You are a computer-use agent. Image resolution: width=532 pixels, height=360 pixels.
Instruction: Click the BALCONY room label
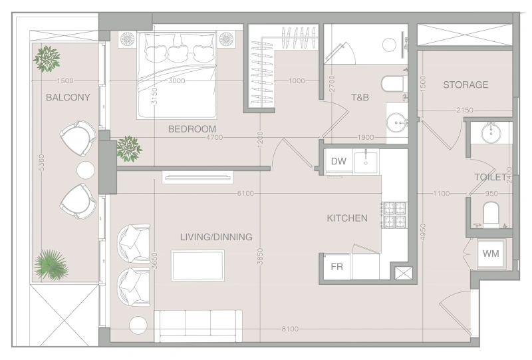[68, 97]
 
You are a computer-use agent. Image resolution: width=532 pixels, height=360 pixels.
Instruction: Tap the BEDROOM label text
[192, 128]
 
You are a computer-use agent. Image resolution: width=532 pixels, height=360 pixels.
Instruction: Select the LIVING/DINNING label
[216, 237]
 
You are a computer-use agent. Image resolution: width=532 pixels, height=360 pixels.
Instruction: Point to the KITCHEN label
[346, 218]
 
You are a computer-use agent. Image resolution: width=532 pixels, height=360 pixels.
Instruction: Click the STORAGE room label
[465, 85]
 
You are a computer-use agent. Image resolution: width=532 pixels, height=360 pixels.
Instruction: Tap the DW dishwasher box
[338, 161]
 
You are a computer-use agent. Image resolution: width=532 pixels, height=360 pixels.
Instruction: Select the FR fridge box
[336, 267]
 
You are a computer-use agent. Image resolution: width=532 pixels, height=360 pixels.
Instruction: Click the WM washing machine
[491, 254]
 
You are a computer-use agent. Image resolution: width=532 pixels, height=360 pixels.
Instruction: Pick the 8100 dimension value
[289, 329]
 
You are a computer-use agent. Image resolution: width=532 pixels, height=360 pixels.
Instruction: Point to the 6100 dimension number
[245, 193]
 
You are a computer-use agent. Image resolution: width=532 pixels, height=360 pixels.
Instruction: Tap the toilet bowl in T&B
[392, 85]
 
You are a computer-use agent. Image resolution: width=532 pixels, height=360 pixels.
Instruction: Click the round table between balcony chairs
[86, 170]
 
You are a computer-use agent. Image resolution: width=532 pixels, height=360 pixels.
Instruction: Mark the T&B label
[360, 98]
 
